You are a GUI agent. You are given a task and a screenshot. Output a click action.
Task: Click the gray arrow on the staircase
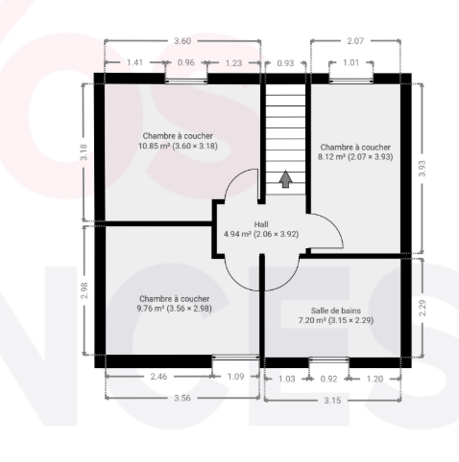pyautogui.click(x=285, y=179)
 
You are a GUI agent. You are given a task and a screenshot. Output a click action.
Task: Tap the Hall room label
pyautogui.click(x=261, y=224)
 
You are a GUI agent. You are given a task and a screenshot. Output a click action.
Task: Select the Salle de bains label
pyautogui.click(x=336, y=311)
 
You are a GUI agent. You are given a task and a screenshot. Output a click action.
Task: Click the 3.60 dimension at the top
pyautogui.click(x=182, y=41)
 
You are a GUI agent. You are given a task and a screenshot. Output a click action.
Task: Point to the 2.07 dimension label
pyautogui.click(x=355, y=41)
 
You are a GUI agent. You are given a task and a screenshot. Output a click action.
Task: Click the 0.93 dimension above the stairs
pyautogui.click(x=285, y=63)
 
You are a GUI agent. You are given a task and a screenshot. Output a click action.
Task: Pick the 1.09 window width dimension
pyautogui.click(x=235, y=377)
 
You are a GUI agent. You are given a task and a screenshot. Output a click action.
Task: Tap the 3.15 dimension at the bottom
pyautogui.click(x=332, y=401)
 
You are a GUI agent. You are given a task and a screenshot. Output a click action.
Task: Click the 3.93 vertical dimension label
pyautogui.click(x=423, y=169)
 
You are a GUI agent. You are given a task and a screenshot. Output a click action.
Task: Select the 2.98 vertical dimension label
pyautogui.click(x=85, y=290)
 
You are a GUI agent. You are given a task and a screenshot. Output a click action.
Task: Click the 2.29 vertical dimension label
pyautogui.click(x=423, y=308)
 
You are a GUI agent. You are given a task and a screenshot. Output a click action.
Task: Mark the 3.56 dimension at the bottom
pyautogui.click(x=182, y=398)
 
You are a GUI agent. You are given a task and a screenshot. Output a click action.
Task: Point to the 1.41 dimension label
pyautogui.click(x=134, y=62)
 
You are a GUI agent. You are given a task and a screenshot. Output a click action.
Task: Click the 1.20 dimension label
pyautogui.click(x=374, y=379)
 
